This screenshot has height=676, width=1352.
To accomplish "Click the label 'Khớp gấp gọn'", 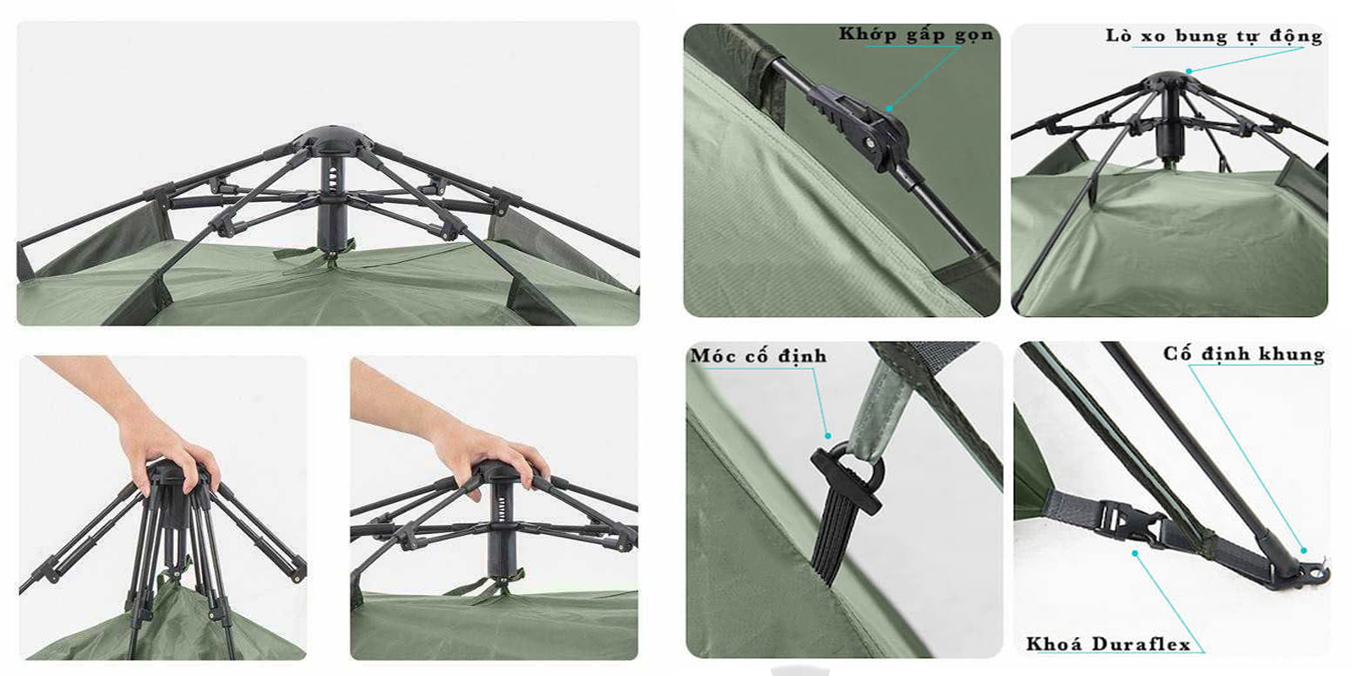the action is [x=916, y=34].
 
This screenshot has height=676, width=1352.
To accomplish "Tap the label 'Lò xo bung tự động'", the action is [x=1213, y=35].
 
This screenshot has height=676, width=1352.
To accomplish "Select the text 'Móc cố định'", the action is [x=758, y=356].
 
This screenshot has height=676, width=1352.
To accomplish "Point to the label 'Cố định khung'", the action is [x=1244, y=354].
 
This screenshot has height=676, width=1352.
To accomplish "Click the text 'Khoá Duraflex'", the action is [x=1108, y=644].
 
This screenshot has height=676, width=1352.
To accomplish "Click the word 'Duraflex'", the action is [x=1142, y=644].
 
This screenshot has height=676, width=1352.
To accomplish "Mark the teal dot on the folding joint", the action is [x=889, y=109].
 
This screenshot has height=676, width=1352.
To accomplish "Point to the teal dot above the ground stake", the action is [x=828, y=435].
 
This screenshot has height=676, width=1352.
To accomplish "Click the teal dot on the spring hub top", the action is [x=1188, y=71].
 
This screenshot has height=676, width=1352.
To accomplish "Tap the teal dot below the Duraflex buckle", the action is [x=1135, y=553].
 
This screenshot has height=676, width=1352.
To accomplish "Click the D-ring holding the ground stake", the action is [x=862, y=461].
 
